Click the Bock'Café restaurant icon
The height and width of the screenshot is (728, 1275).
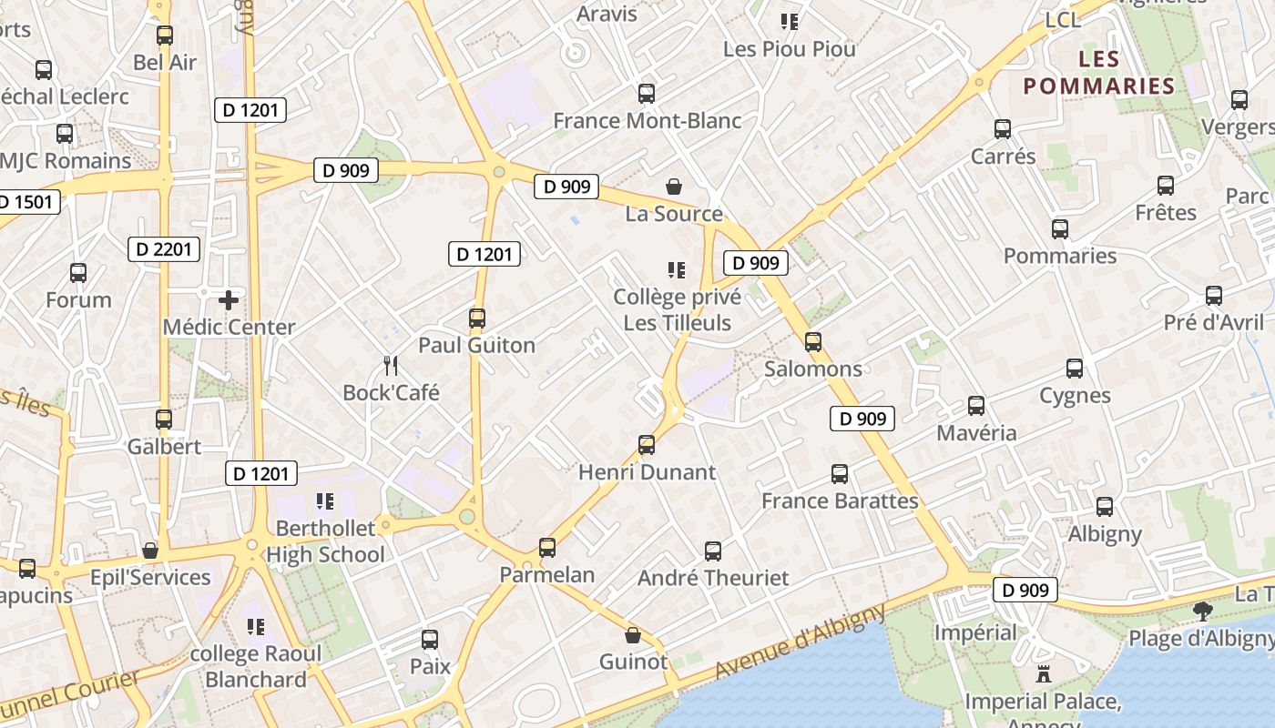[x=392, y=366]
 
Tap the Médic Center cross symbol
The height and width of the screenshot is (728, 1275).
[x=229, y=299]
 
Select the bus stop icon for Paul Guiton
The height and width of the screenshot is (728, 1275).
[x=476, y=318]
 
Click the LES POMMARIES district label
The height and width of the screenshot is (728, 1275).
[x=1098, y=73]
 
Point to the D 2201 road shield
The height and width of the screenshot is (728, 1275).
[x=163, y=248]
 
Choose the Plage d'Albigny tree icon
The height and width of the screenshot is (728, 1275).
[x=1203, y=611]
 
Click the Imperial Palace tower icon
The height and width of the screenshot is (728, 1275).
[x=1043, y=674]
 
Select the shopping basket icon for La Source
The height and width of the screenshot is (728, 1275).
[x=674, y=187]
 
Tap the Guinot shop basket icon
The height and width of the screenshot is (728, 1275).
[x=633, y=635]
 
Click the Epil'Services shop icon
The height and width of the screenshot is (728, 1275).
[x=150, y=551]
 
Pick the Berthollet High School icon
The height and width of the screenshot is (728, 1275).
[x=325, y=500]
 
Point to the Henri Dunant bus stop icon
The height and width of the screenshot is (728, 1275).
[x=647, y=445]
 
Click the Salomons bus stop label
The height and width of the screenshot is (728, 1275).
[x=812, y=369]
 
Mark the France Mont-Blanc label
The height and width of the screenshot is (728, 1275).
[x=647, y=120]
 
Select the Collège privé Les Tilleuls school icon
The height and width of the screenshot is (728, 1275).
[x=676, y=269]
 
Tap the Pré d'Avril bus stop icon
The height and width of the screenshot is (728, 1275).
[x=1213, y=296]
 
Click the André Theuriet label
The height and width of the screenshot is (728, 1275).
[x=713, y=578]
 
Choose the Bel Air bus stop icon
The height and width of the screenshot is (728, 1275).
[x=165, y=35]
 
